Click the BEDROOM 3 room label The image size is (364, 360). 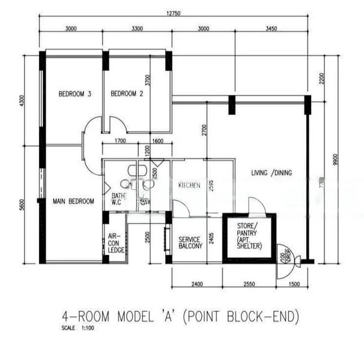[74, 94]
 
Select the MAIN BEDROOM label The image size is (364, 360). [73, 202]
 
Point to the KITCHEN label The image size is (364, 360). [189, 185]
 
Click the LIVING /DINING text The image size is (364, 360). [271, 173]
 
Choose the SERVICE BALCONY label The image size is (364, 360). [190, 243]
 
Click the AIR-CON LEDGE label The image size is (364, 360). [116, 243]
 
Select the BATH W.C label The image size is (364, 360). [118, 199]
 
